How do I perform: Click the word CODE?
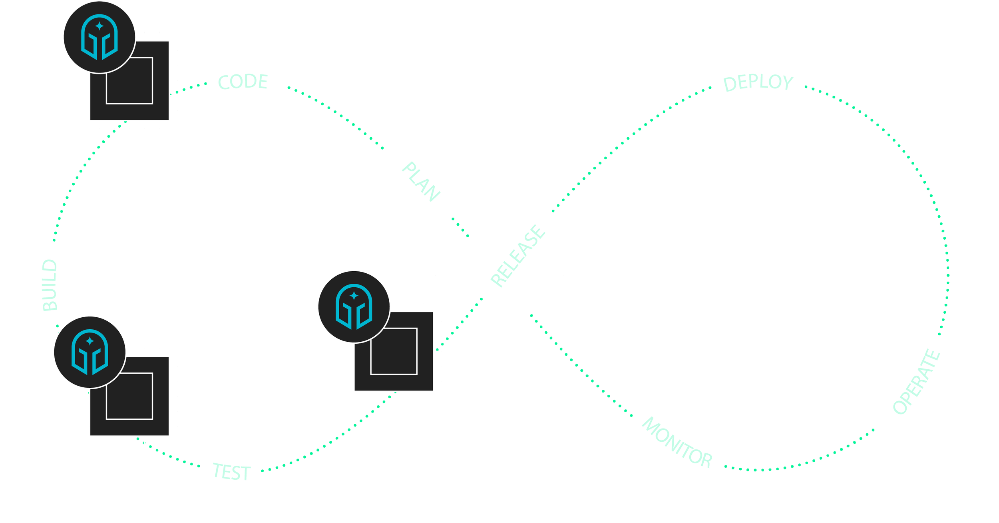(243, 82)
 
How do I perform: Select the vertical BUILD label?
(50, 285)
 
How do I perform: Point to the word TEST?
(232, 472)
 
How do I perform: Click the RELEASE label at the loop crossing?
(518, 256)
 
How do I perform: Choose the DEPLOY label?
(758, 83)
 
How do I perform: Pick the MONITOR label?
(677, 443)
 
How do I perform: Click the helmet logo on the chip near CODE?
(100, 37)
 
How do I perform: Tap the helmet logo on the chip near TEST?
(90, 352)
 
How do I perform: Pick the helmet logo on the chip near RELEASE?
(354, 307)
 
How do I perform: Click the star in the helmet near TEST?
(90, 341)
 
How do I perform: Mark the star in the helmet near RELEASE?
(354, 296)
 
